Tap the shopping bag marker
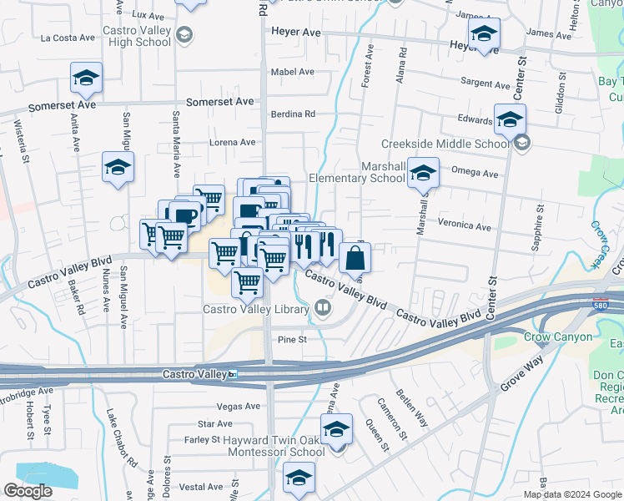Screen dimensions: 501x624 (x=355, y=258)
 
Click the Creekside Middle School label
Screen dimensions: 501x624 (x=445, y=144)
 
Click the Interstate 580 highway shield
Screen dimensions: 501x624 (x=601, y=304)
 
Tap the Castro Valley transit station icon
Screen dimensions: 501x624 (x=234, y=374)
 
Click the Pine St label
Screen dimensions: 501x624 (x=293, y=340)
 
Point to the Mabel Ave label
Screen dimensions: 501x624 (x=292, y=72)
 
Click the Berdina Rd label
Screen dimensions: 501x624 (x=293, y=114)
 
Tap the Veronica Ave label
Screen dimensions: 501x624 (x=465, y=225)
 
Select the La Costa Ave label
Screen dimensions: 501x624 (x=68, y=38)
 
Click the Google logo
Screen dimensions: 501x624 (x=28, y=491)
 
